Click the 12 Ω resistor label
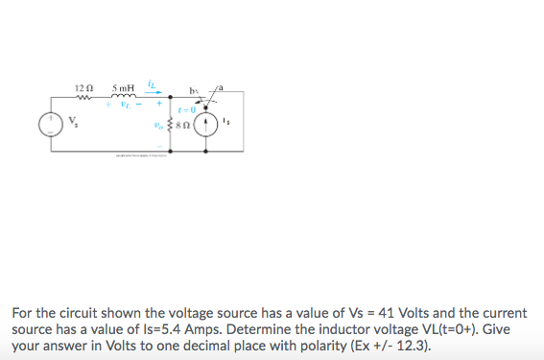coord(83,88)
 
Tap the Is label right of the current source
coord(225,122)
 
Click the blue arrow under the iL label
coord(154,93)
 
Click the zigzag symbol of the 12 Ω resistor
coord(83,97)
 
